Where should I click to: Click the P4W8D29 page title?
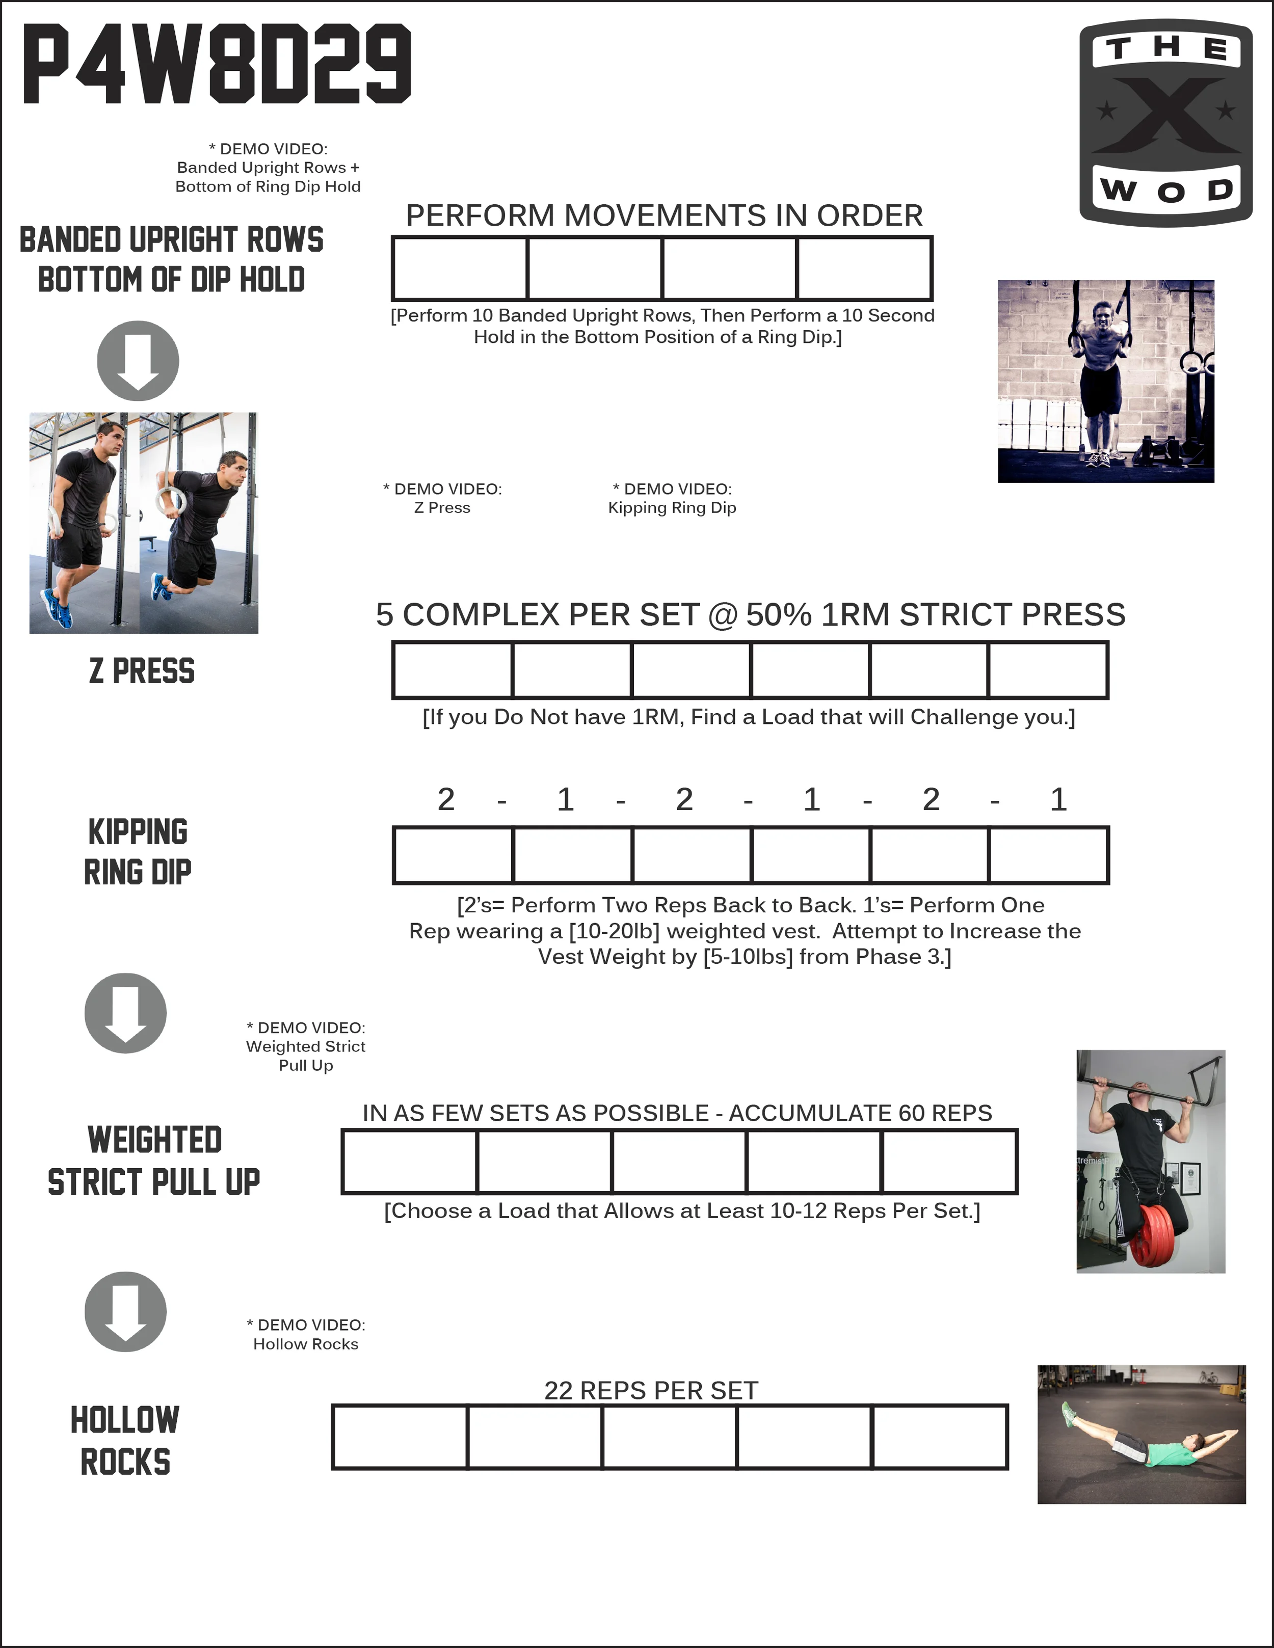click(218, 64)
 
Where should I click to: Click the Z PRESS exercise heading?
click(142, 671)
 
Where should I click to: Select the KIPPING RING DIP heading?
click(138, 852)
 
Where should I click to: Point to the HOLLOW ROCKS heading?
click(125, 1441)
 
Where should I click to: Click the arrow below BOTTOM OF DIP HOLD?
click(138, 361)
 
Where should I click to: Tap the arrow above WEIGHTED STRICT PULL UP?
click(125, 1013)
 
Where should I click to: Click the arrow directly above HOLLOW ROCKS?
click(125, 1311)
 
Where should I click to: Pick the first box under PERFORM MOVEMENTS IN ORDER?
click(460, 268)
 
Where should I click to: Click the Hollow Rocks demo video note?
click(306, 1334)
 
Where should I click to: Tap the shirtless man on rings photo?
click(1106, 381)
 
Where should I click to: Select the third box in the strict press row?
click(692, 670)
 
